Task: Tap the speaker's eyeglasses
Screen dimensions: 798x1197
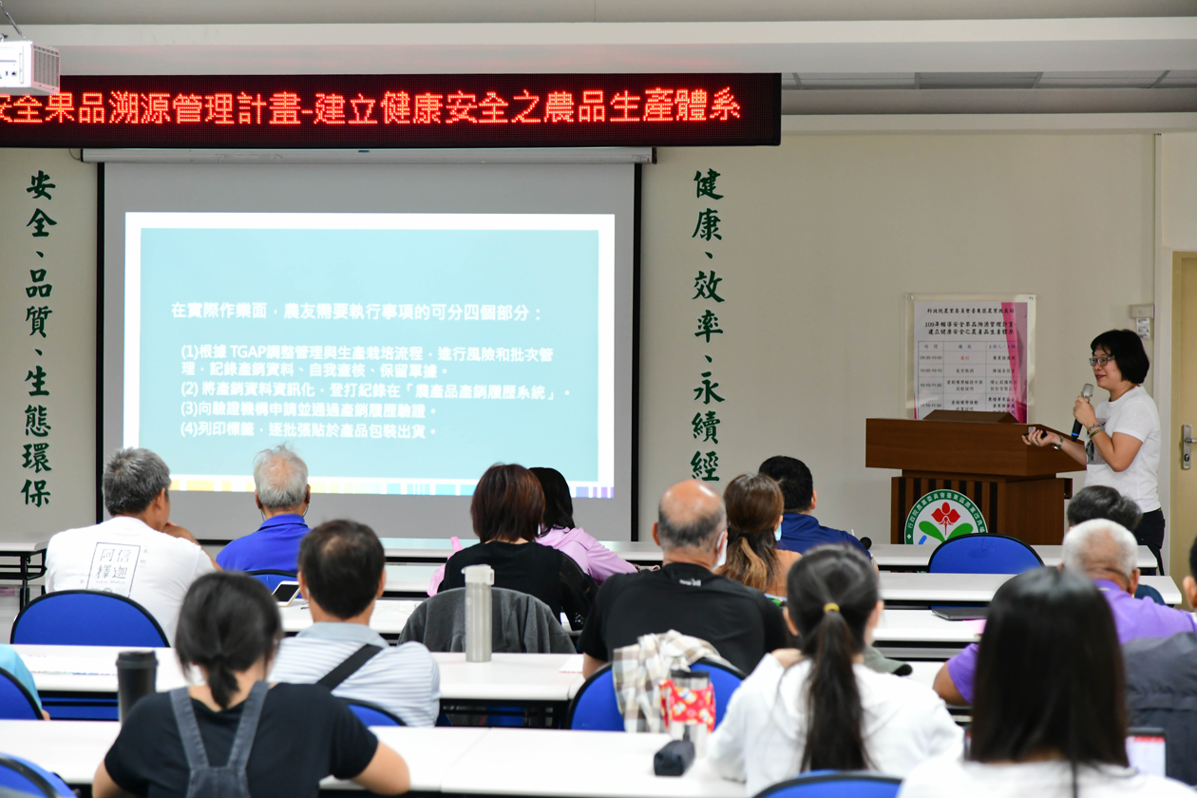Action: click(x=1102, y=361)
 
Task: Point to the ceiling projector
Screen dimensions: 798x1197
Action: click(x=28, y=66)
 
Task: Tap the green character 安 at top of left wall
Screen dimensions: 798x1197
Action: click(x=40, y=184)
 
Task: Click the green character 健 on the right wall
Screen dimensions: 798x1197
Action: click(x=708, y=183)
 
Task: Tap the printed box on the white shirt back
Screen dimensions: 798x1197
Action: click(x=113, y=568)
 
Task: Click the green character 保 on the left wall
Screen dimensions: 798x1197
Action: click(x=36, y=492)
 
